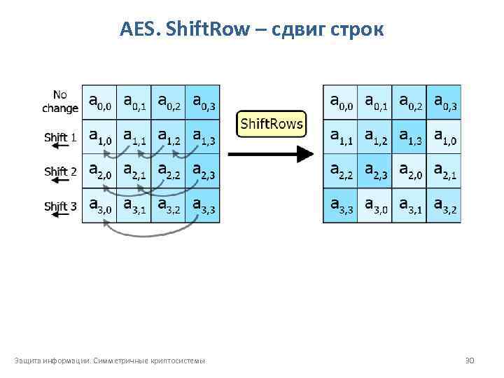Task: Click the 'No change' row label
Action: [x=60, y=102]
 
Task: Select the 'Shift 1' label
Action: [x=60, y=137]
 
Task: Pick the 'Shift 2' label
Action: [x=60, y=171]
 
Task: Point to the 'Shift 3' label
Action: [x=60, y=206]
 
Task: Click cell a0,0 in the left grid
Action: [x=99, y=102]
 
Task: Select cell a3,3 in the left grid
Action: [x=202, y=206]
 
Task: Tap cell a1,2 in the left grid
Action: [x=168, y=137]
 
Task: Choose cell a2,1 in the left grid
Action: [x=134, y=171]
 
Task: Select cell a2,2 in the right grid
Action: [x=340, y=171]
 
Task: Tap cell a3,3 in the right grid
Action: [x=340, y=206]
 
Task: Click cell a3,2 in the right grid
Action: [x=444, y=206]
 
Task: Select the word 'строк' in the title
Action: [x=360, y=29]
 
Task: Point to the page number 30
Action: [x=470, y=360]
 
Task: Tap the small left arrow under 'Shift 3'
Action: [x=60, y=216]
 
